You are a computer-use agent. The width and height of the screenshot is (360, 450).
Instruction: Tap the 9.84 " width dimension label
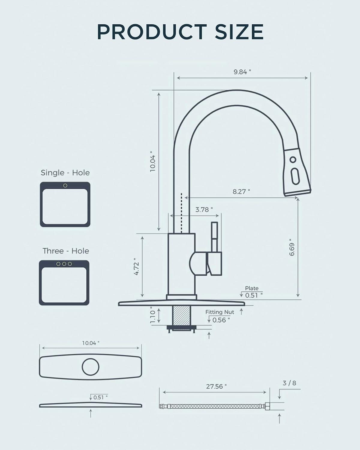(x=242, y=72)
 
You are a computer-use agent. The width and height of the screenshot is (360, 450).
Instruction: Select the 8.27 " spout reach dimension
(x=241, y=191)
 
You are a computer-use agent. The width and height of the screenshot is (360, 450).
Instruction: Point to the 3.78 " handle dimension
(x=204, y=209)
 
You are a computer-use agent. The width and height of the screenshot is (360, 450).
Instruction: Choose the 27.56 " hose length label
(x=216, y=386)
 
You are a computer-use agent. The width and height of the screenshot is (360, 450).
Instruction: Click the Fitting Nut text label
(x=220, y=312)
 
